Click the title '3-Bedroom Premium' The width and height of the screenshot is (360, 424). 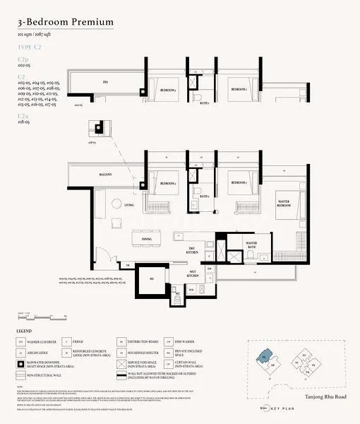point(66,22)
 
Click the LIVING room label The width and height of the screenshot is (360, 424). point(129,205)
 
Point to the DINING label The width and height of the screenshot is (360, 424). point(147,239)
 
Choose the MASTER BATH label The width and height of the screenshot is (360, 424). point(251,245)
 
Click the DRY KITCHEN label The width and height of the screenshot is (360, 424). point(191,251)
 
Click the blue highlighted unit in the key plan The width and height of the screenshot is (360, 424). point(264,358)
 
